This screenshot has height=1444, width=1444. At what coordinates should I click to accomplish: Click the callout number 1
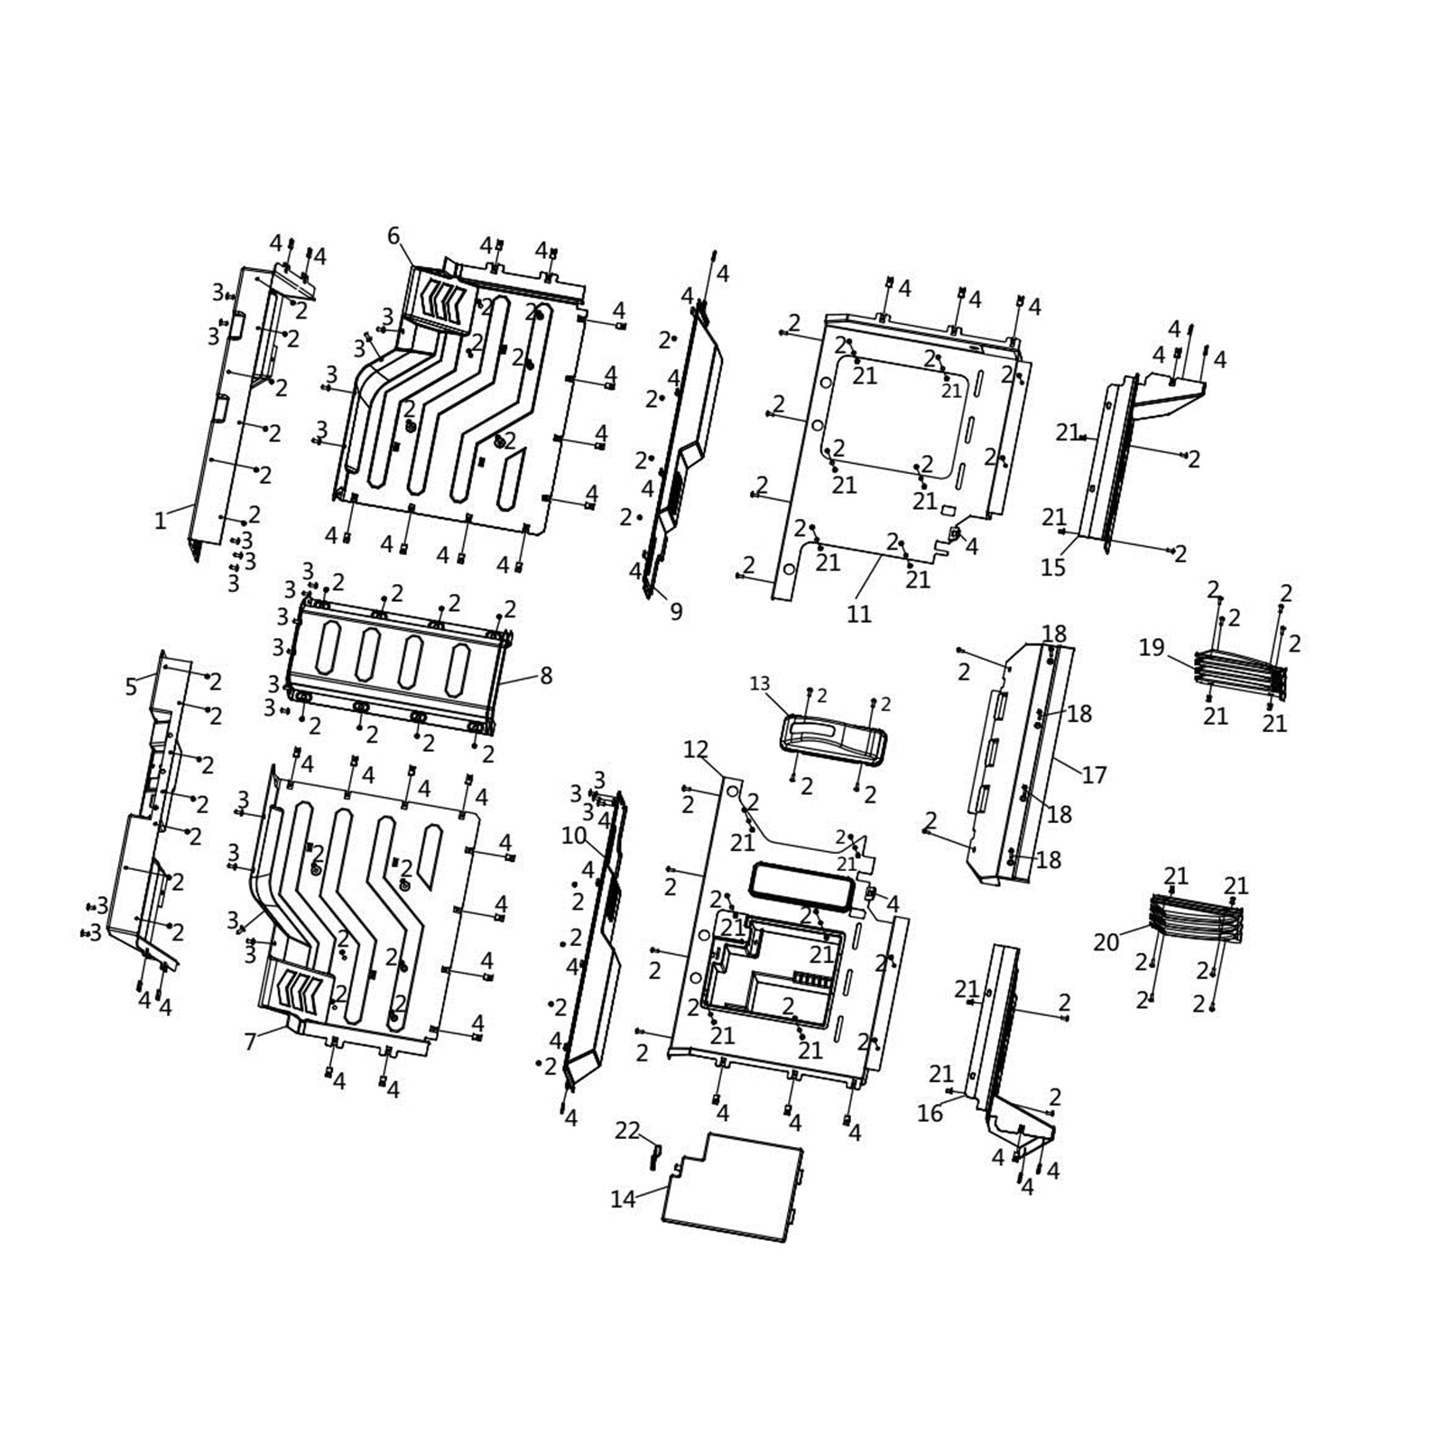160,521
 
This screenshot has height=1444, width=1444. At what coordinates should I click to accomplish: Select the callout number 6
393,236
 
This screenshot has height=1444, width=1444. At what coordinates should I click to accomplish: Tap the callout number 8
546,675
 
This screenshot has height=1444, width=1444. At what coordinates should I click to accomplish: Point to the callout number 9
676,612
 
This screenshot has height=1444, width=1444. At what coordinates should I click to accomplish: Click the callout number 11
859,614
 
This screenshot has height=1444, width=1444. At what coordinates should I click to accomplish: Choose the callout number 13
760,683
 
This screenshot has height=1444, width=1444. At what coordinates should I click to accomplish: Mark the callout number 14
623,1199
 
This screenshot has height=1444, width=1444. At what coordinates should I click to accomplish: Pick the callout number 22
627,1131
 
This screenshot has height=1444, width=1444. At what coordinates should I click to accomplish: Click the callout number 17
1094,774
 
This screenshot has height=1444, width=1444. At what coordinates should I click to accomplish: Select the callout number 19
1152,647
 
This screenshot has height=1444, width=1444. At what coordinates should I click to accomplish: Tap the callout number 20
1106,942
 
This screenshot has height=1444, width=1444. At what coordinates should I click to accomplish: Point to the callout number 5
131,688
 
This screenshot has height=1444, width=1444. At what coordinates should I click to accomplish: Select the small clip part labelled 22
656,1155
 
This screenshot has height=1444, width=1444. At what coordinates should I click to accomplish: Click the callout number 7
250,1042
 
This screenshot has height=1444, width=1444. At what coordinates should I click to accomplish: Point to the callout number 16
930,1113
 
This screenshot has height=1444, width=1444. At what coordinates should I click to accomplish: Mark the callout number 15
1053,567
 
